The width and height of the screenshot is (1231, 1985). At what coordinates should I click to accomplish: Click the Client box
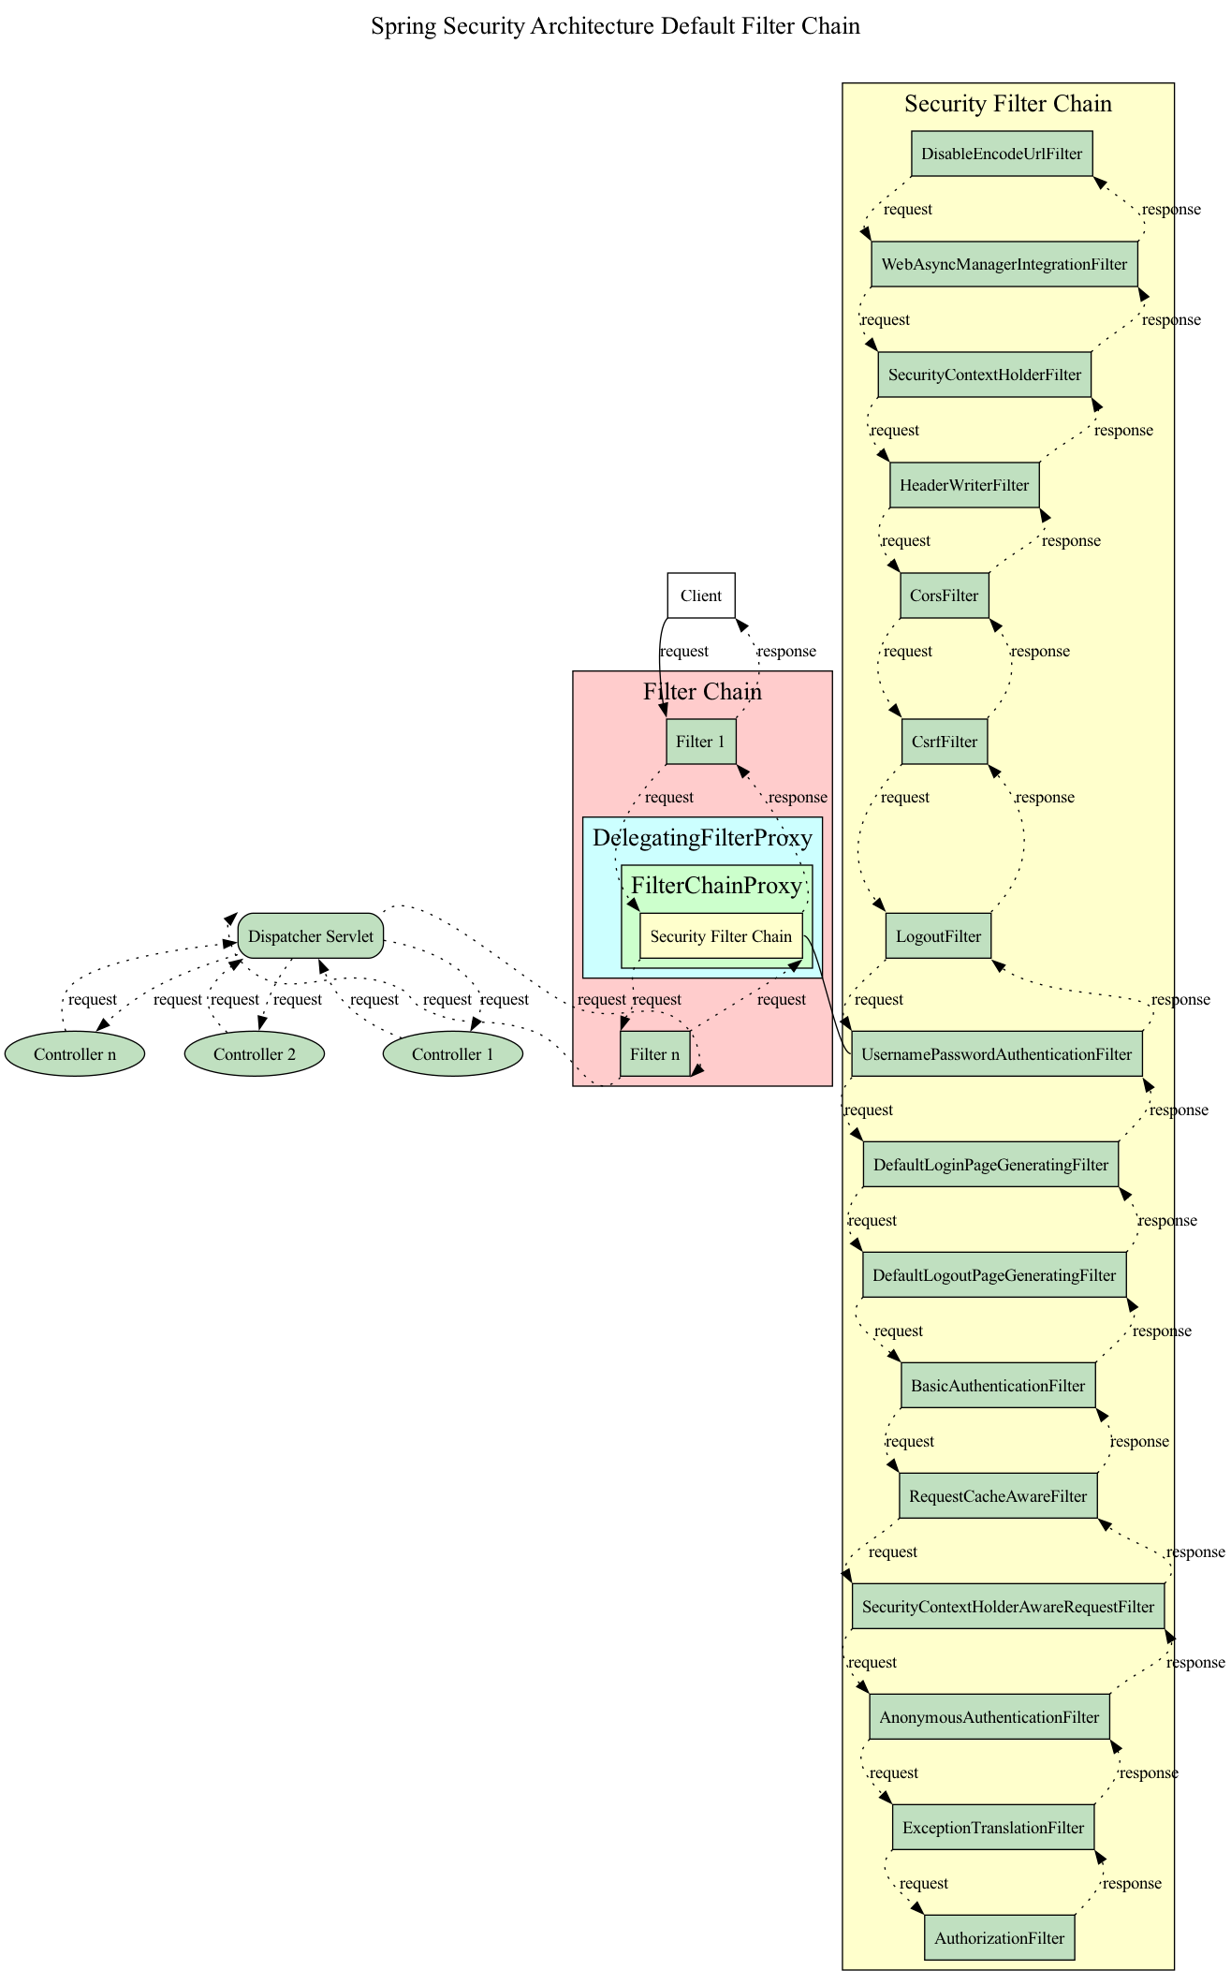coord(701,595)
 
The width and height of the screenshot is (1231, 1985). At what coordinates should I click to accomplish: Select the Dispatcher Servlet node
coord(311,936)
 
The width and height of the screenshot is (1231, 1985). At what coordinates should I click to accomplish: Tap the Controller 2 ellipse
coord(255,1054)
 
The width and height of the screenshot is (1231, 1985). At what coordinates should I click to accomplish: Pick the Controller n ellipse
coord(75,1054)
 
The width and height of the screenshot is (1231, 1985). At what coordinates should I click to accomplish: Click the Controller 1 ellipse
coord(453,1054)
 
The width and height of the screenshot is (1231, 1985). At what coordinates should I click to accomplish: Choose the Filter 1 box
coord(701,742)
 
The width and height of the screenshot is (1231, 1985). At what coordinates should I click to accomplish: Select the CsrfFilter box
coord(944,742)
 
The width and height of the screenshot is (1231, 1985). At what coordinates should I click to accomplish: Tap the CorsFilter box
coord(944,595)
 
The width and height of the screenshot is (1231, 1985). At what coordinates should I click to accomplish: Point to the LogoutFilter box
coord(938,936)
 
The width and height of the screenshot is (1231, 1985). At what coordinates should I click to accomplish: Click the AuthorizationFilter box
coord(999,1938)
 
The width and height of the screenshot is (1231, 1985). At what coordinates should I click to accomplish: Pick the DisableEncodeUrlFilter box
coord(1002,154)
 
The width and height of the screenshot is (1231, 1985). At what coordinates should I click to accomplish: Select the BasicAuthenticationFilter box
coord(998,1386)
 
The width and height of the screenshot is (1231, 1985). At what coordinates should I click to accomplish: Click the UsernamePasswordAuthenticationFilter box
coord(996,1054)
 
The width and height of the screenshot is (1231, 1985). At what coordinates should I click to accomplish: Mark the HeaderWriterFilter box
coord(964,485)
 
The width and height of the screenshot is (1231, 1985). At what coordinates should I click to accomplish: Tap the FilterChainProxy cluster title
coord(716,885)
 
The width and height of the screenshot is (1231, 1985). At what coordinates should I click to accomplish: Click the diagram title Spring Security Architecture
coord(615,26)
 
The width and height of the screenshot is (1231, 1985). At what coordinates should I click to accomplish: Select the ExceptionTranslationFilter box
coord(993,1828)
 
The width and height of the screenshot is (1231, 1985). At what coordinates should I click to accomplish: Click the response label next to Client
coord(786,651)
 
